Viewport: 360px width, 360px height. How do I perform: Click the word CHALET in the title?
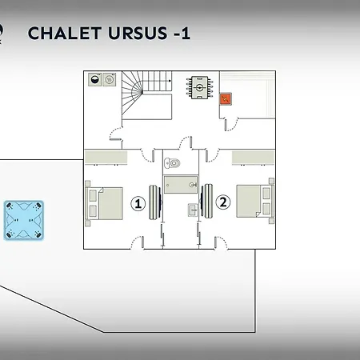tap(65, 33)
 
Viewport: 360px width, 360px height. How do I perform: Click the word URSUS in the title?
tap(138, 33)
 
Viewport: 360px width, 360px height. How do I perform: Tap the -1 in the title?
tap(182, 34)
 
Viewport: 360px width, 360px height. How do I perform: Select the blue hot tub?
tap(24, 221)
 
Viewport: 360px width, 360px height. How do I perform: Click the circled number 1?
tap(138, 204)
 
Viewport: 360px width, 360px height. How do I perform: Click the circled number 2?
tap(222, 202)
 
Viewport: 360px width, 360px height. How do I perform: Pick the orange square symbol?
tap(226, 99)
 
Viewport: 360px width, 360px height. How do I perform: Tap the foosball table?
tap(199, 87)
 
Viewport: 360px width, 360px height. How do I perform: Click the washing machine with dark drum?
tap(94, 79)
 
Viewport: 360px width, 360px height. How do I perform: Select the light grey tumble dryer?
tap(110, 79)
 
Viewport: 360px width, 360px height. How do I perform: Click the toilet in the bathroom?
tap(172, 163)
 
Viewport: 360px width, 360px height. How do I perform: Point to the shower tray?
tap(181, 184)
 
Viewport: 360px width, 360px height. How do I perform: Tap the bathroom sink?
tap(193, 210)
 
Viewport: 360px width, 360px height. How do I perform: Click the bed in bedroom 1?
tap(104, 203)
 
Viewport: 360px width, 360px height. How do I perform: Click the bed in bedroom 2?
tap(255, 201)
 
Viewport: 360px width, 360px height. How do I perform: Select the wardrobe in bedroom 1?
tap(106, 158)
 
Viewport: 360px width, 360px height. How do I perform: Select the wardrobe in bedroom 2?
tap(253, 158)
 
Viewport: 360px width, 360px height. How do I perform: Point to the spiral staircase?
tap(146, 95)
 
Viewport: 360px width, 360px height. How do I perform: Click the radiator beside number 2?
tap(206, 201)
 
